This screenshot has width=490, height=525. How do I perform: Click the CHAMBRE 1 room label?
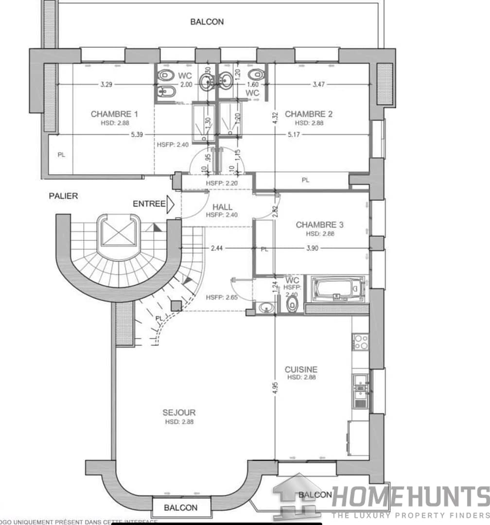(x=114, y=114)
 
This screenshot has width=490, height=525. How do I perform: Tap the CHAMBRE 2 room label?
(x=309, y=114)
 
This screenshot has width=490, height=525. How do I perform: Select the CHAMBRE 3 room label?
(x=319, y=225)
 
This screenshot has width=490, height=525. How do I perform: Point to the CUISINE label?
(x=301, y=369)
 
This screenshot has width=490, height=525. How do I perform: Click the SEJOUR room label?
(x=179, y=413)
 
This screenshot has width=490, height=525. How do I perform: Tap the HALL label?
(x=222, y=207)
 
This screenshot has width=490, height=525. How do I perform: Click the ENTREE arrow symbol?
(x=170, y=204)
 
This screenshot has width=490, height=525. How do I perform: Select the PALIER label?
(x=63, y=196)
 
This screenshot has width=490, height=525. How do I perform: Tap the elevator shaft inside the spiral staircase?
(x=119, y=237)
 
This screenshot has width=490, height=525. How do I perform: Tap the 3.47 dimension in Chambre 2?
(x=319, y=85)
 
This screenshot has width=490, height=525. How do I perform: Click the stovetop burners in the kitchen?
(x=360, y=342)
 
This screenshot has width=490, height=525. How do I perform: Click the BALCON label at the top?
(x=207, y=21)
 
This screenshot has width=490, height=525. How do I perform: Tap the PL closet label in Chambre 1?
(x=61, y=155)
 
